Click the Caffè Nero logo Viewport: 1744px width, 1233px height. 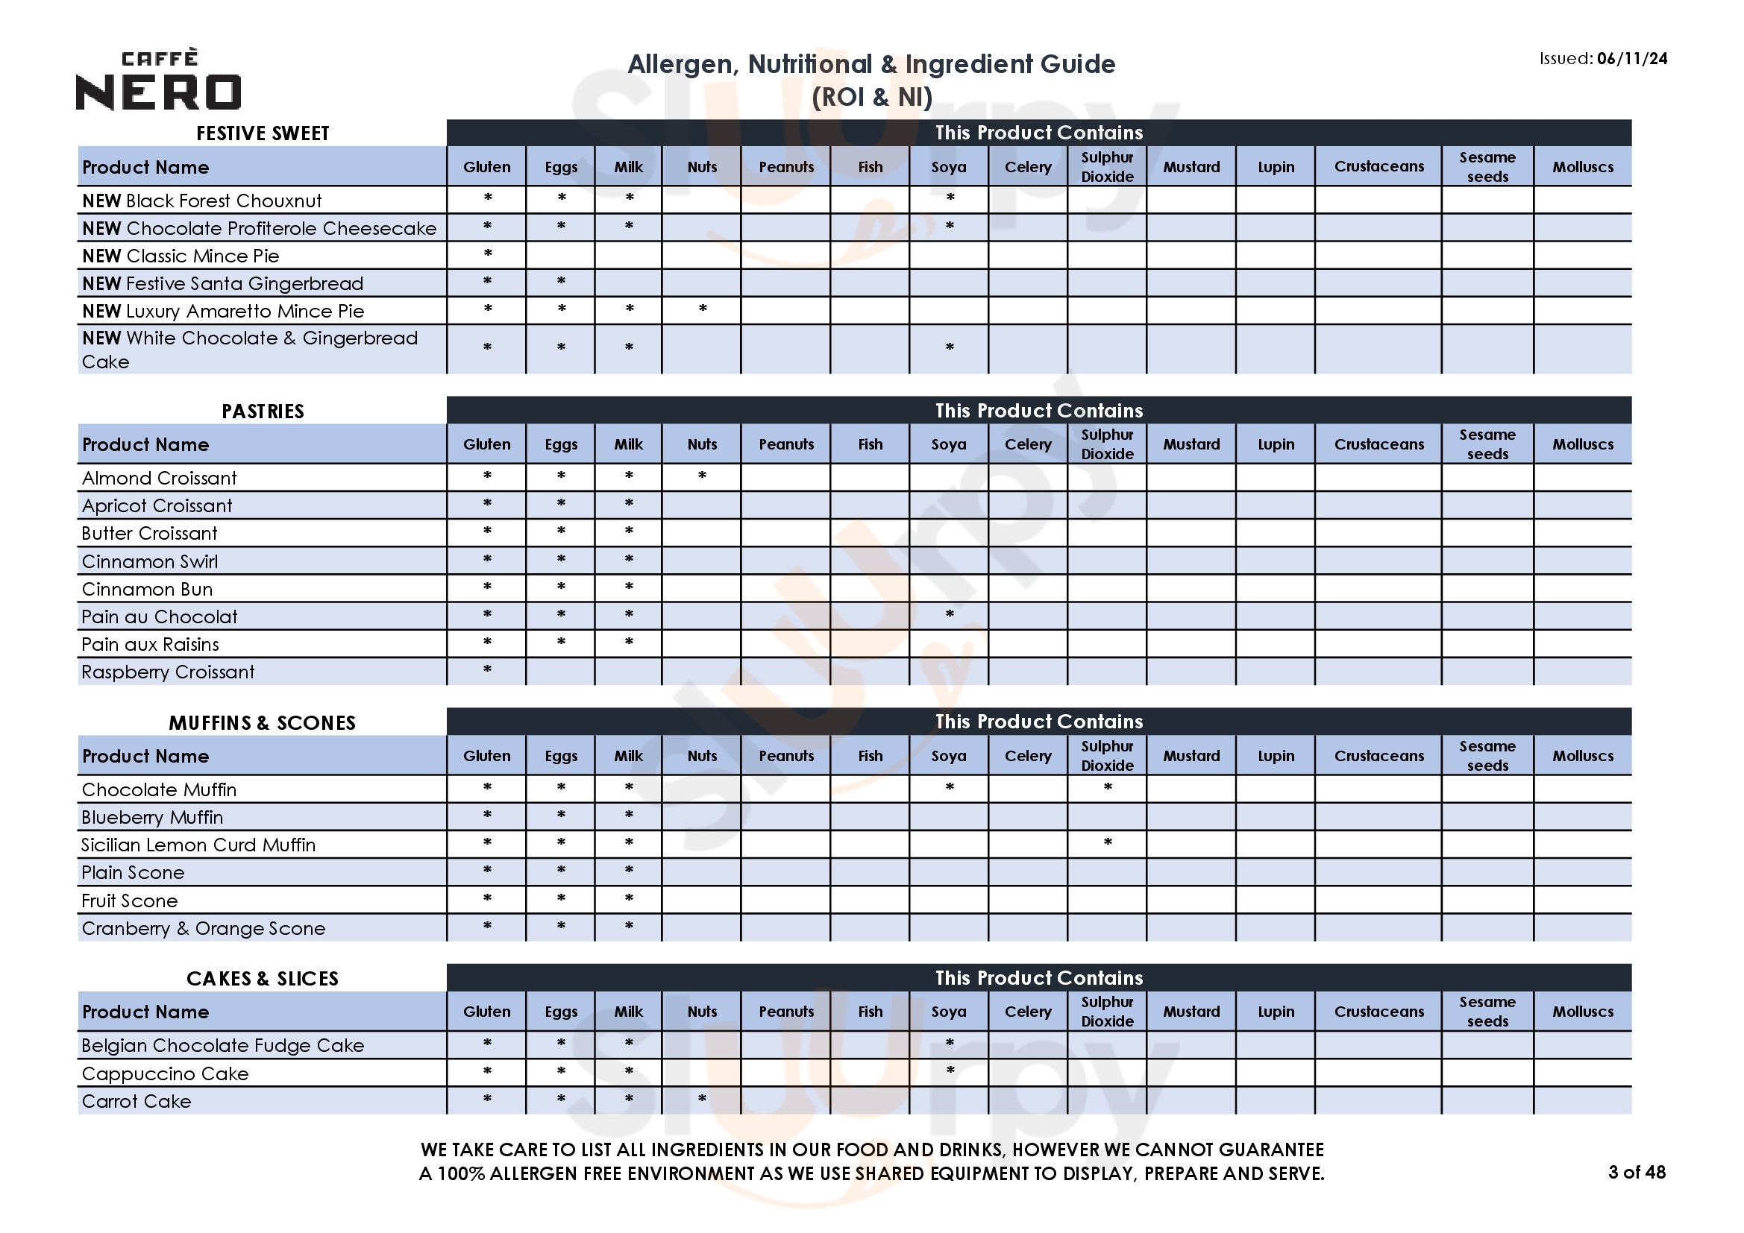click(x=159, y=81)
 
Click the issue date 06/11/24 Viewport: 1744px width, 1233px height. click(x=1631, y=58)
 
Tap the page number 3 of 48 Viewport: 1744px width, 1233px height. click(x=1636, y=1172)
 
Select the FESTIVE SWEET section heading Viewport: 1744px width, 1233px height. click(x=263, y=133)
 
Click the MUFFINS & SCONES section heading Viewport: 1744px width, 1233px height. click(x=262, y=723)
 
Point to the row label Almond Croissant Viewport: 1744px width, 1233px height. click(x=160, y=479)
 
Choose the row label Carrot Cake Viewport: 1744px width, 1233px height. click(x=137, y=1101)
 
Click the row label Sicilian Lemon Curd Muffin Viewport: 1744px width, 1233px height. click(x=198, y=845)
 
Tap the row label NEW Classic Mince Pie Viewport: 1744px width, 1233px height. click(x=181, y=256)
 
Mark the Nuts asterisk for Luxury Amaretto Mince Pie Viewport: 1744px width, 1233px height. click(x=703, y=309)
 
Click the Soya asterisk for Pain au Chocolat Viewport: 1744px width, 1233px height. click(x=950, y=614)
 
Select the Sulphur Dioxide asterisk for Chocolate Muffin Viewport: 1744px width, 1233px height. click(x=1108, y=786)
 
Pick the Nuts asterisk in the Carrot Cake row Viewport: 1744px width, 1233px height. click(x=703, y=1098)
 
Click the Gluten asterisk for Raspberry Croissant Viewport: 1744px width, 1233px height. click(x=488, y=669)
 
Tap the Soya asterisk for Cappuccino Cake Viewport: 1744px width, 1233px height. click(x=950, y=1070)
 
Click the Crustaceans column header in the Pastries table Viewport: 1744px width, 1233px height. click(x=1378, y=444)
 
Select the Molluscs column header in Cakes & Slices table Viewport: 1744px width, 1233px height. click(x=1582, y=1012)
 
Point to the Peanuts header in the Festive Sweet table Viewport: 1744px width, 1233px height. click(x=786, y=167)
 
